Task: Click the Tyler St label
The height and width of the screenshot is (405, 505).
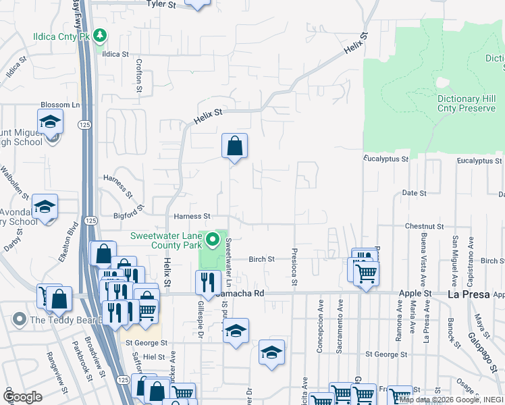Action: [161, 4]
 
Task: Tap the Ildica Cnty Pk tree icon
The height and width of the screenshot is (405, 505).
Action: [100, 34]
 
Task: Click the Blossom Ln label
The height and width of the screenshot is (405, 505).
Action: [60, 105]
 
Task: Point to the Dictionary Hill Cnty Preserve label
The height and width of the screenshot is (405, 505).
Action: [467, 103]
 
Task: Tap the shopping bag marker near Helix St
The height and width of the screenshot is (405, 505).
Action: [234, 146]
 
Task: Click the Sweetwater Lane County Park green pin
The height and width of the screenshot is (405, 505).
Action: [213, 239]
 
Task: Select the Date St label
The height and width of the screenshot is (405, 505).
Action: [414, 193]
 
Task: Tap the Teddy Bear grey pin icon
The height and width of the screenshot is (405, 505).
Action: [20, 319]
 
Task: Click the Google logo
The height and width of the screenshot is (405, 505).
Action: [22, 396]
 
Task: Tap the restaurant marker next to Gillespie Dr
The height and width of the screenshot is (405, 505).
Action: [208, 282]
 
